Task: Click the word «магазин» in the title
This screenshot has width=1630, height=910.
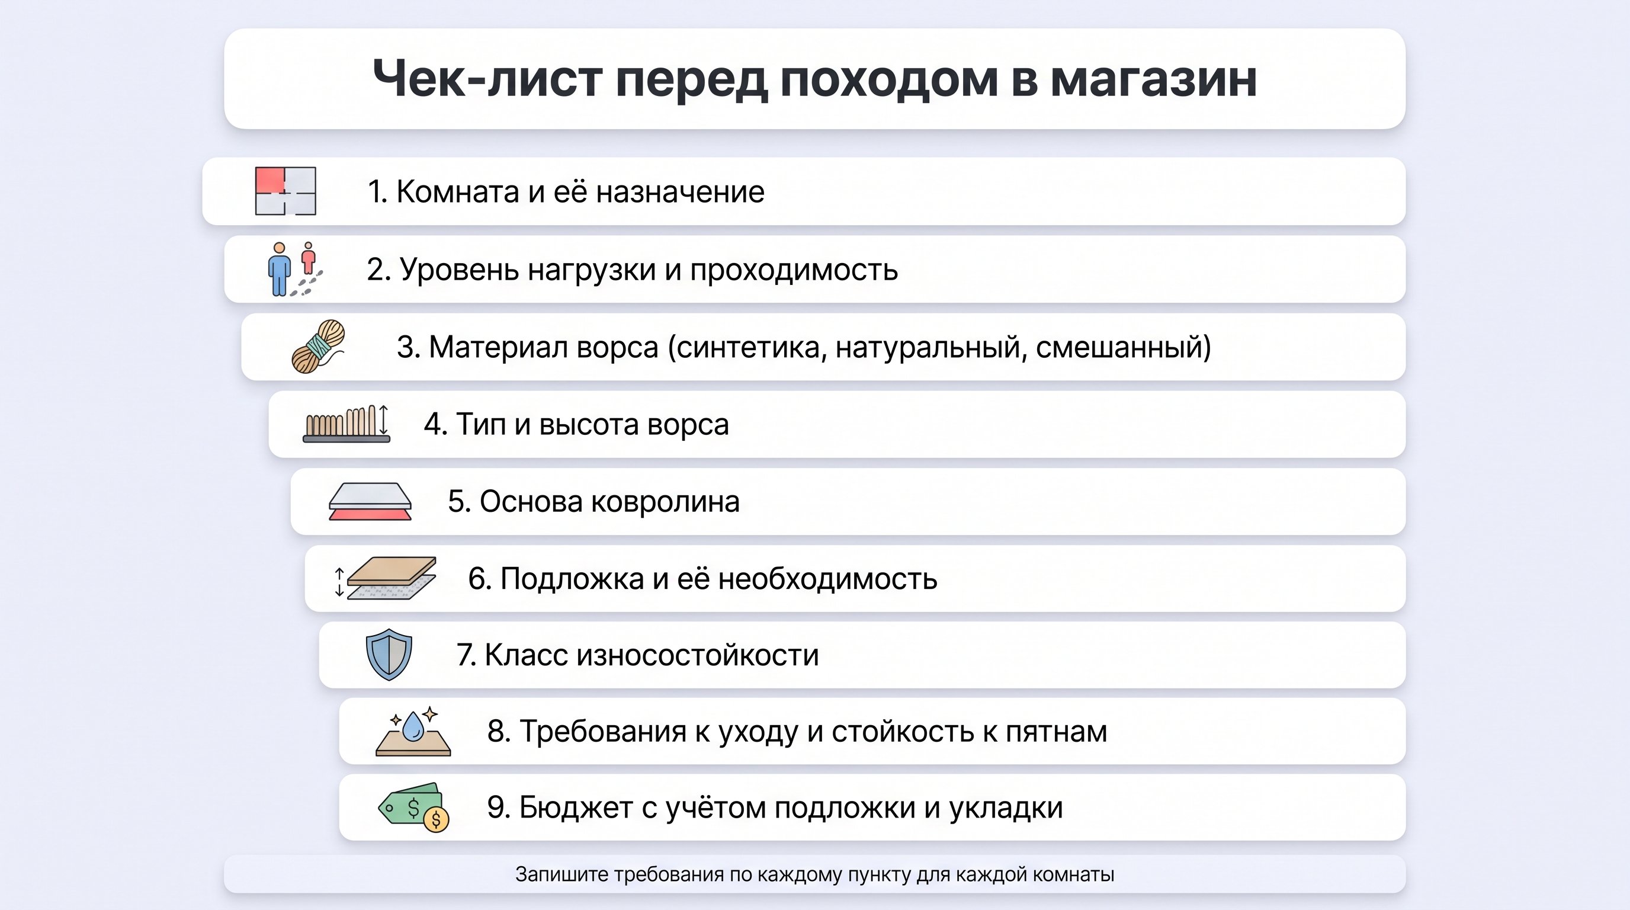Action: [x=1153, y=79]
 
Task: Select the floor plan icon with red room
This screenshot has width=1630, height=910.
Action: [x=285, y=191]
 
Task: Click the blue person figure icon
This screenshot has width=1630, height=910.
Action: [x=279, y=270]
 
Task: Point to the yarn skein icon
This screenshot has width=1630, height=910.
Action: [x=318, y=347]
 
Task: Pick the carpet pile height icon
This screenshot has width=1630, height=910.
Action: [x=346, y=424]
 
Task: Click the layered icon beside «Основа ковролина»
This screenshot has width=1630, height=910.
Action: [x=370, y=502]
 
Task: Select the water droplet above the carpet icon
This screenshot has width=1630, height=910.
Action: [x=413, y=726]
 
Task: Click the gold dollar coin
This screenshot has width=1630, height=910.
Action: [x=435, y=819]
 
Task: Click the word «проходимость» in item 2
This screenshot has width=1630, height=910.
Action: [x=794, y=270]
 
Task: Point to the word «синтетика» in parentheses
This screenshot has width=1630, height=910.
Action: [x=747, y=347]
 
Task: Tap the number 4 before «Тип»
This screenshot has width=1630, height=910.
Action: [x=434, y=425]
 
